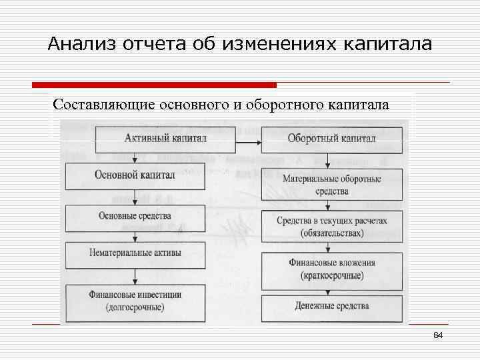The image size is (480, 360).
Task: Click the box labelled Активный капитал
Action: coord(166,138)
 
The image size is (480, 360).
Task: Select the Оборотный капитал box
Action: coord(331,138)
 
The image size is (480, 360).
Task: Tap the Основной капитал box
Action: coord(135,175)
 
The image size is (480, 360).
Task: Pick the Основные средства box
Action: coord(135,215)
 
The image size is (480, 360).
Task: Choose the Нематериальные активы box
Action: coord(135,253)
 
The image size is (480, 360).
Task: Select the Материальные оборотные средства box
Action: coord(331,185)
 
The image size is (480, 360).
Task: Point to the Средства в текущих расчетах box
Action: coord(331,227)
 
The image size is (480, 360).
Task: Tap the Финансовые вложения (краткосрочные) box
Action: coord(331,268)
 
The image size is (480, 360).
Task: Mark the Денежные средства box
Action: coord(331,306)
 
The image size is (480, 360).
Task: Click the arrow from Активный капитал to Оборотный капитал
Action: coord(250,141)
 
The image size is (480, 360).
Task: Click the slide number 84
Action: coord(438,335)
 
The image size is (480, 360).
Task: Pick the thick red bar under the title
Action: coord(154,85)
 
